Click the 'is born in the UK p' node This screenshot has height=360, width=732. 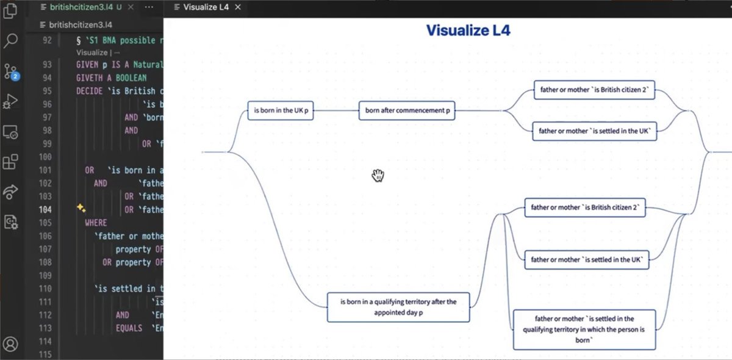tap(281, 110)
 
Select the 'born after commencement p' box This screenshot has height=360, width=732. tap(407, 110)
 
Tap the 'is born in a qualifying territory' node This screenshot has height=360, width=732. tap(398, 307)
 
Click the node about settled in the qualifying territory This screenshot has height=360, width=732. tap(584, 329)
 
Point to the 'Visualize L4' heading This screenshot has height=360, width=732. tap(468, 31)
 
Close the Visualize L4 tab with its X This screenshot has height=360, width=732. tap(238, 7)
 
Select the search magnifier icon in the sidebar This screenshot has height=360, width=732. tap(11, 41)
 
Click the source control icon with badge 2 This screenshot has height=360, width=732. tap(11, 72)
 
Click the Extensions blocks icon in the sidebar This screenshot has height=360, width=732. tap(11, 162)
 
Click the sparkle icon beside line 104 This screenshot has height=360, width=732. tap(81, 209)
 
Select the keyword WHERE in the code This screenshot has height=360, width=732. tap(96, 223)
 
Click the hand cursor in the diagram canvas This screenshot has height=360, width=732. tap(378, 176)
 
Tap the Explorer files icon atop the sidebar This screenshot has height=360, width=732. tap(11, 11)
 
